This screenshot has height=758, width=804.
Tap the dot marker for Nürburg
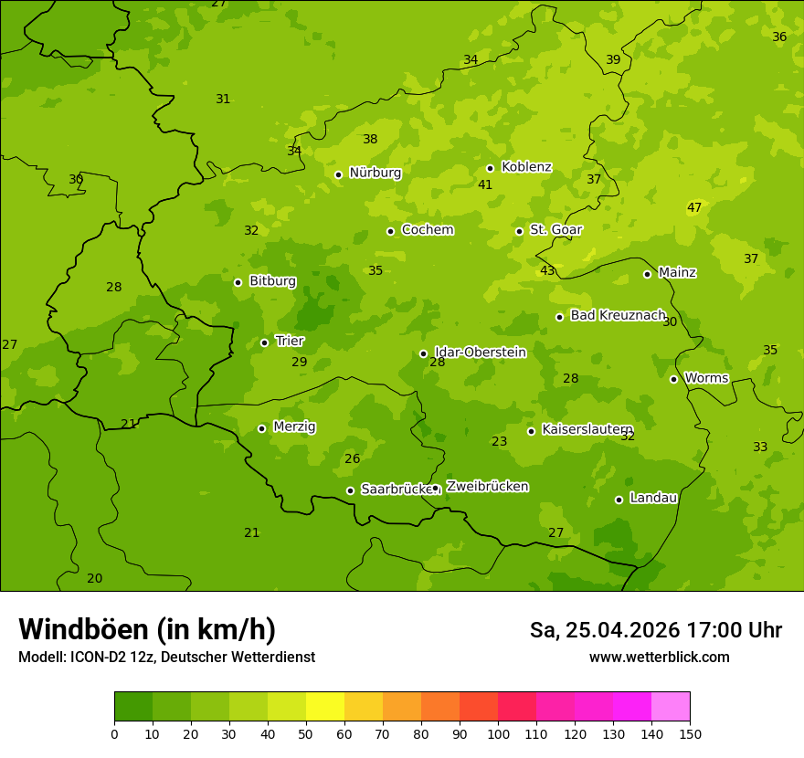tap(338, 174)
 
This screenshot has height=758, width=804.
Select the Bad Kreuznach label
tap(618, 315)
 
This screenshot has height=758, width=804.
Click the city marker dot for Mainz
tap(647, 274)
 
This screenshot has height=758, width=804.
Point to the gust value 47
tap(694, 208)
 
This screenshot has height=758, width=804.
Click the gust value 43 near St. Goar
tap(547, 271)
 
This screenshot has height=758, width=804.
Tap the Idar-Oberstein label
tap(480, 353)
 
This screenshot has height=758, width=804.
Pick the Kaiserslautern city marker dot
tap(531, 431)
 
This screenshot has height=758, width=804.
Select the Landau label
tap(653, 498)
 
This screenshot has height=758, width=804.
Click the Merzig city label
tap(294, 426)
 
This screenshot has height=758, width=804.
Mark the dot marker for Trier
tap(264, 342)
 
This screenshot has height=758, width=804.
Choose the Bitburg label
tap(272, 281)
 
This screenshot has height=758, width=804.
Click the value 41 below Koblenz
tap(485, 185)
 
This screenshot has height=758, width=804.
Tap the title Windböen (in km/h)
tap(147, 629)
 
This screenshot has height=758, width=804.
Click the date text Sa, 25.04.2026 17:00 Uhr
tap(655, 630)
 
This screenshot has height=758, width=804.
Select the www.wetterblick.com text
tap(659, 657)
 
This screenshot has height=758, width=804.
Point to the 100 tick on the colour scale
tap(498, 732)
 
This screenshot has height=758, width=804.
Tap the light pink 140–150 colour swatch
tap(671, 707)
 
